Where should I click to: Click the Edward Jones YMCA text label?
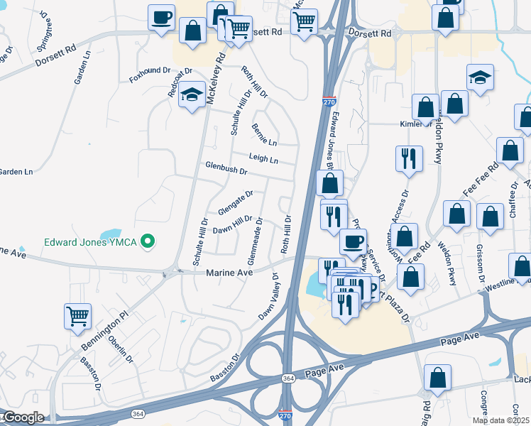[x=91, y=242]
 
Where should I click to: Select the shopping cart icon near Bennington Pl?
[x=78, y=316]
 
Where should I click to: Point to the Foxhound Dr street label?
[x=150, y=71]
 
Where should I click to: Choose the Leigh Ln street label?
[x=263, y=158]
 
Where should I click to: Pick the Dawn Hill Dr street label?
[x=233, y=224]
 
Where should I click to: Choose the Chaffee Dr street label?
[x=513, y=195]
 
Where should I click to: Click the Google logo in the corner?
[x=23, y=417]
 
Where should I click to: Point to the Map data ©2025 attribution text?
[x=500, y=420]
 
